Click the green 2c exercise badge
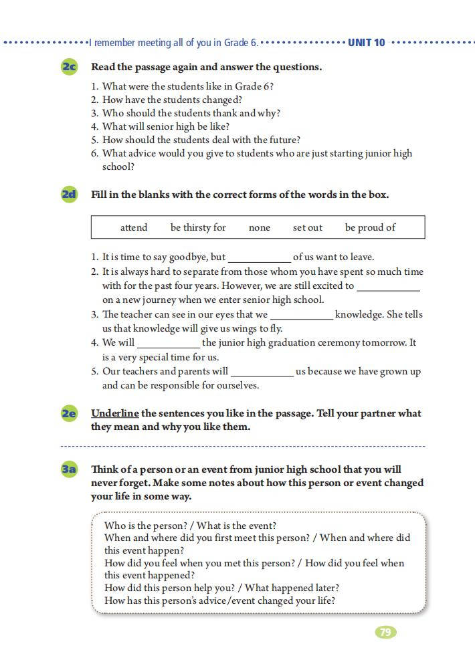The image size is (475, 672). point(69,67)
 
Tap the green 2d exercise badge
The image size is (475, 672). point(69,195)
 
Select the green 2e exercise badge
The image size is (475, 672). point(69,413)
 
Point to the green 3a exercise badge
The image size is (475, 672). point(69,469)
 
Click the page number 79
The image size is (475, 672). point(385,632)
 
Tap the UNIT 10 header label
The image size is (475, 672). point(367,43)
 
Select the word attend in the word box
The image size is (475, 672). point(134,227)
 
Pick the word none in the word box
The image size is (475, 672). point(260,227)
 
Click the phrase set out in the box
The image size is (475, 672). point(308,227)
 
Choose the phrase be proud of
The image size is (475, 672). point(370,227)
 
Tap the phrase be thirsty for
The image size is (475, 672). point(198,227)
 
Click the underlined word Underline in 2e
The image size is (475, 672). point(115,413)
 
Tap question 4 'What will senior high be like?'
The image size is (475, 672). point(166,126)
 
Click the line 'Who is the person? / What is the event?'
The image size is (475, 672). point(190,526)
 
